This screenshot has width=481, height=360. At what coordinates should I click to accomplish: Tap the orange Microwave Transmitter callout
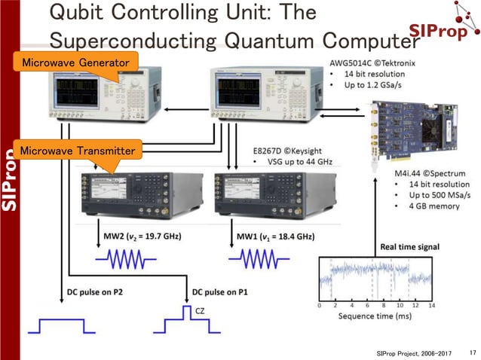tap(78, 151)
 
